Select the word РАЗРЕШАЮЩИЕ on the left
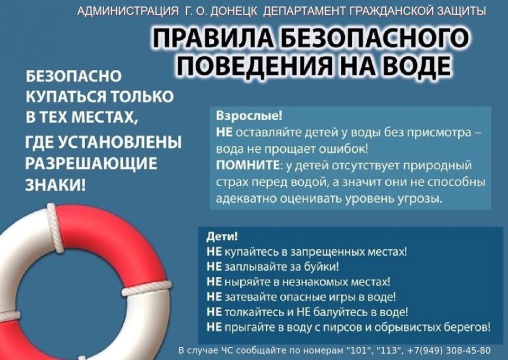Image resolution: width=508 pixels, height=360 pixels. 91,164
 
